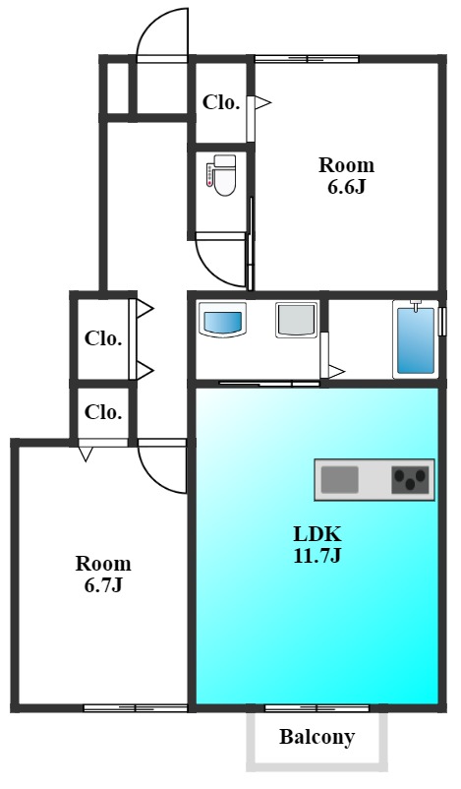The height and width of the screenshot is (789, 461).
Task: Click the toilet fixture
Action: tap(221, 174)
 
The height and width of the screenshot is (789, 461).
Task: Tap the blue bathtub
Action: tap(415, 340)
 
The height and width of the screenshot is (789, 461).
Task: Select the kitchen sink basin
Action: tap(340, 479)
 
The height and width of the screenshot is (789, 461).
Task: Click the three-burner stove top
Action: tap(410, 479)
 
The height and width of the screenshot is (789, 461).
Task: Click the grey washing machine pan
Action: tap(297, 320)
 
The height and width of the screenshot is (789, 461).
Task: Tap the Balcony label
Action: tap(317, 737)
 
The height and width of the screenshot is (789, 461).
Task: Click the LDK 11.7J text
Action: tap(317, 544)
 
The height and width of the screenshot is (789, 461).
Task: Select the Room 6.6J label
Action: tap(346, 176)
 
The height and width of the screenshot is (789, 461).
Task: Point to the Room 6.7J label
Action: tap(103, 575)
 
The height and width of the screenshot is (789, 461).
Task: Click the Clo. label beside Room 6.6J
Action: tap(221, 102)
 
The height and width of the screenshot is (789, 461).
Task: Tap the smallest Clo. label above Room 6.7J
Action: tap(103, 412)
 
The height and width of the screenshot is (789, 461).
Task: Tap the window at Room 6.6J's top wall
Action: tap(307, 59)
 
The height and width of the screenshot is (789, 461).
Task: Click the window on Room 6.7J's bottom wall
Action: tap(136, 708)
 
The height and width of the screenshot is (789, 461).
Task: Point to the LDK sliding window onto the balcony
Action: tap(317, 708)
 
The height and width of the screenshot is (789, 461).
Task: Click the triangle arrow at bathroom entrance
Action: tap(336, 372)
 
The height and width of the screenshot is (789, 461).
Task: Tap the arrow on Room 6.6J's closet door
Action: tap(262, 103)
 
